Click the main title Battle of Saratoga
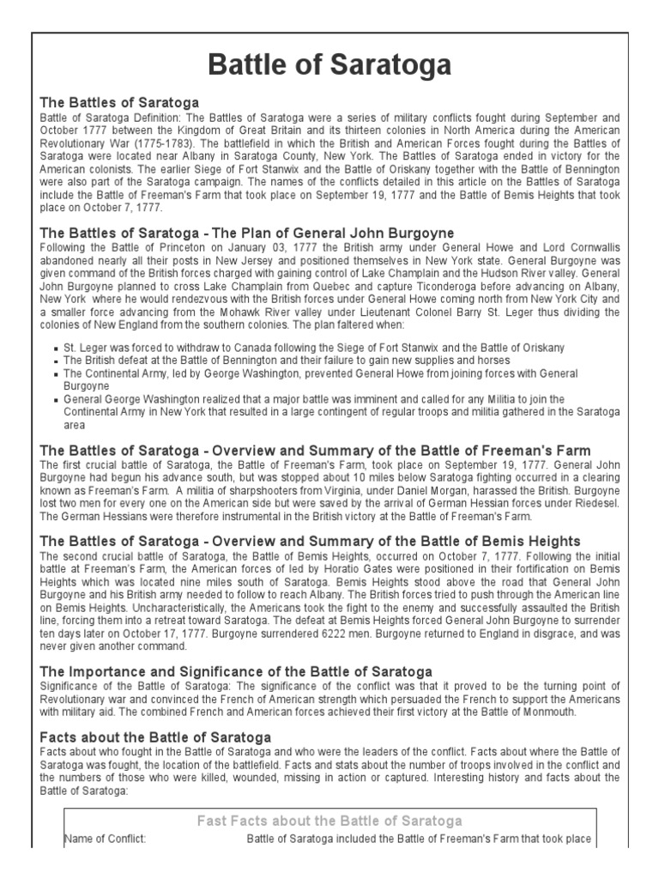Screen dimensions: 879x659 (x=329, y=65)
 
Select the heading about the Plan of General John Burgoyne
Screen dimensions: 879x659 (x=247, y=233)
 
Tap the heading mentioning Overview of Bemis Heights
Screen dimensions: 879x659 (x=311, y=541)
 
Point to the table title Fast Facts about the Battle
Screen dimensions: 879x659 (x=329, y=821)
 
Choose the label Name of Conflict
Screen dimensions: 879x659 (x=105, y=839)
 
